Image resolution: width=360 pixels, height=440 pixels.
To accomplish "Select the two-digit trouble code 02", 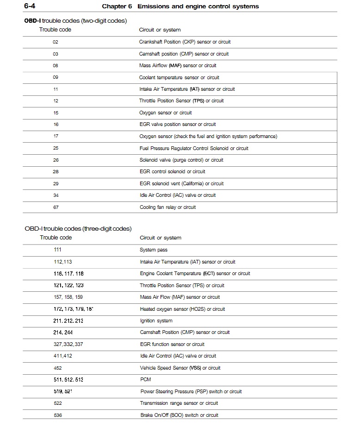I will coord(56,42).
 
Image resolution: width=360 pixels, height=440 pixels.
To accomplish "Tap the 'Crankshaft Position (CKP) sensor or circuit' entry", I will coord(185,42).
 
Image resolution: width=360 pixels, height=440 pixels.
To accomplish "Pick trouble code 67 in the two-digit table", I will coord(56,207).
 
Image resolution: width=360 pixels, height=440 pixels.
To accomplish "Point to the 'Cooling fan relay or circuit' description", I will coord(168,207).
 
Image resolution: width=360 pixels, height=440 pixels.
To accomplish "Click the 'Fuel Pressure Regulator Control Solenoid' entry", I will coord(193,149).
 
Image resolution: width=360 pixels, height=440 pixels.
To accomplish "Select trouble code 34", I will coord(56,195).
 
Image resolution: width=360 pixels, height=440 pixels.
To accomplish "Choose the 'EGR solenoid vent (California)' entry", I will coord(181,184).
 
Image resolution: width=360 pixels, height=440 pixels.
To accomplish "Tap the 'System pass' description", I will coord(154,250).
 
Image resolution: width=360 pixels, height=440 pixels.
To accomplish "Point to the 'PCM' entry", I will coord(145,380).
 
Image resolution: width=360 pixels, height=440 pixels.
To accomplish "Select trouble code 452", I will coord(58,368).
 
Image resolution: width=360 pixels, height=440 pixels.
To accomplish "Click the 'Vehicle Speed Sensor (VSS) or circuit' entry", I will coord(180,368).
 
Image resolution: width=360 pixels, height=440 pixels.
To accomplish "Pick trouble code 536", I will coord(58,415).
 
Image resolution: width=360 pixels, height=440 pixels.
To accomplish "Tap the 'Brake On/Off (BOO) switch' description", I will coord(179,415).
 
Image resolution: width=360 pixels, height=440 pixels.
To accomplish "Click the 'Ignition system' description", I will coord(156,321).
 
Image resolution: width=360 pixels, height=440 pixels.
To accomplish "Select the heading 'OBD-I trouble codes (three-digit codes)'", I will coord(78,228).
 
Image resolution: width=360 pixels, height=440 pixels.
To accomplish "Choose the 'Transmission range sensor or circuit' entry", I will coord(179,403).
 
